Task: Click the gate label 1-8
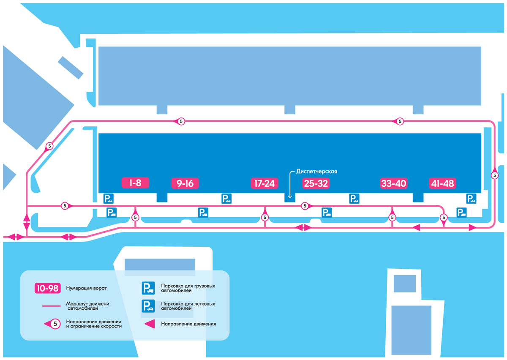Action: coord(135,183)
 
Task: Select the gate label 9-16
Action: coord(185,183)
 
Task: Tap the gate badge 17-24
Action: coord(264,183)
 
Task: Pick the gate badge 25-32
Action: coord(316,183)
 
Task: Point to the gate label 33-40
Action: coord(393,183)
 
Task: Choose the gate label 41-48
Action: coord(442,183)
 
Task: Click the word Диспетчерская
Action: coord(316,171)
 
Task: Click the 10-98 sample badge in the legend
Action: coord(47,288)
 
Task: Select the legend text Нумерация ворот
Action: coord(86,288)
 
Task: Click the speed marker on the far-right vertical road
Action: coord(495,175)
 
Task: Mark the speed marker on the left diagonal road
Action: coord(49,147)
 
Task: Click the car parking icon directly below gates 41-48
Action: coord(471,198)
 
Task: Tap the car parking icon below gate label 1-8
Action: coord(109,198)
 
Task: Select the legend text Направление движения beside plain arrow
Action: coord(188,324)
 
